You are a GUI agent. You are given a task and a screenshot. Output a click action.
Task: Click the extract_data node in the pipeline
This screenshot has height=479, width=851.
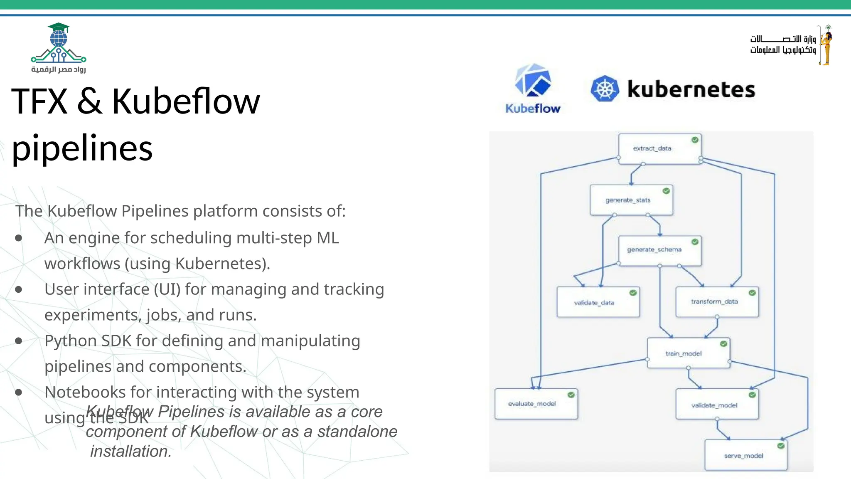click(659, 149)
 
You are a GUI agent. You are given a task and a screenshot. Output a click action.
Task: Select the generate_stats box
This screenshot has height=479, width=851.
click(631, 200)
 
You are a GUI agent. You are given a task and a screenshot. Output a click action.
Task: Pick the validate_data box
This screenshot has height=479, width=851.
click(598, 302)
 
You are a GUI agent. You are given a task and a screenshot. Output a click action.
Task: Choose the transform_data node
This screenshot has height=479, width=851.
click(717, 302)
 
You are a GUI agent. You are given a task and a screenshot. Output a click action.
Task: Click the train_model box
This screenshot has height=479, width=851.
click(688, 353)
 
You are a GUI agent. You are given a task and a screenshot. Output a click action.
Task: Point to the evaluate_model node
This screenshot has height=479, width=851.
click(536, 404)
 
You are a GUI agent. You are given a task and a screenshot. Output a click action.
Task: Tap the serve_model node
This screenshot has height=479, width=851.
click(745, 455)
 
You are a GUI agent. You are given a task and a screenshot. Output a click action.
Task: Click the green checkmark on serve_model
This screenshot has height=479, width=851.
click(781, 446)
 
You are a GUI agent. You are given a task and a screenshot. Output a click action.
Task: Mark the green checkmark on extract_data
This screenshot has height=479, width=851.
click(695, 140)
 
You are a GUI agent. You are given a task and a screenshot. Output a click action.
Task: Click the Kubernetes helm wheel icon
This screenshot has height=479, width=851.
click(605, 89)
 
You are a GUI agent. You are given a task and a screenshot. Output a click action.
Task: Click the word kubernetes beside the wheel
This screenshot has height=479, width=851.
click(691, 89)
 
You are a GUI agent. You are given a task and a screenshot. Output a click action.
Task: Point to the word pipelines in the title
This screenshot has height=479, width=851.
click(82, 148)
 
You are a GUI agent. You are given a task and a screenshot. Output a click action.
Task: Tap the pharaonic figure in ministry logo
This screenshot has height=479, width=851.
click(826, 45)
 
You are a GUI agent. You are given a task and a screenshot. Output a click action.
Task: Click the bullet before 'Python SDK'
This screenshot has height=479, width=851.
click(18, 341)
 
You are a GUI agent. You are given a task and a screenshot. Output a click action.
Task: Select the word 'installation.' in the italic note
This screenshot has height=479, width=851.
click(131, 451)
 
